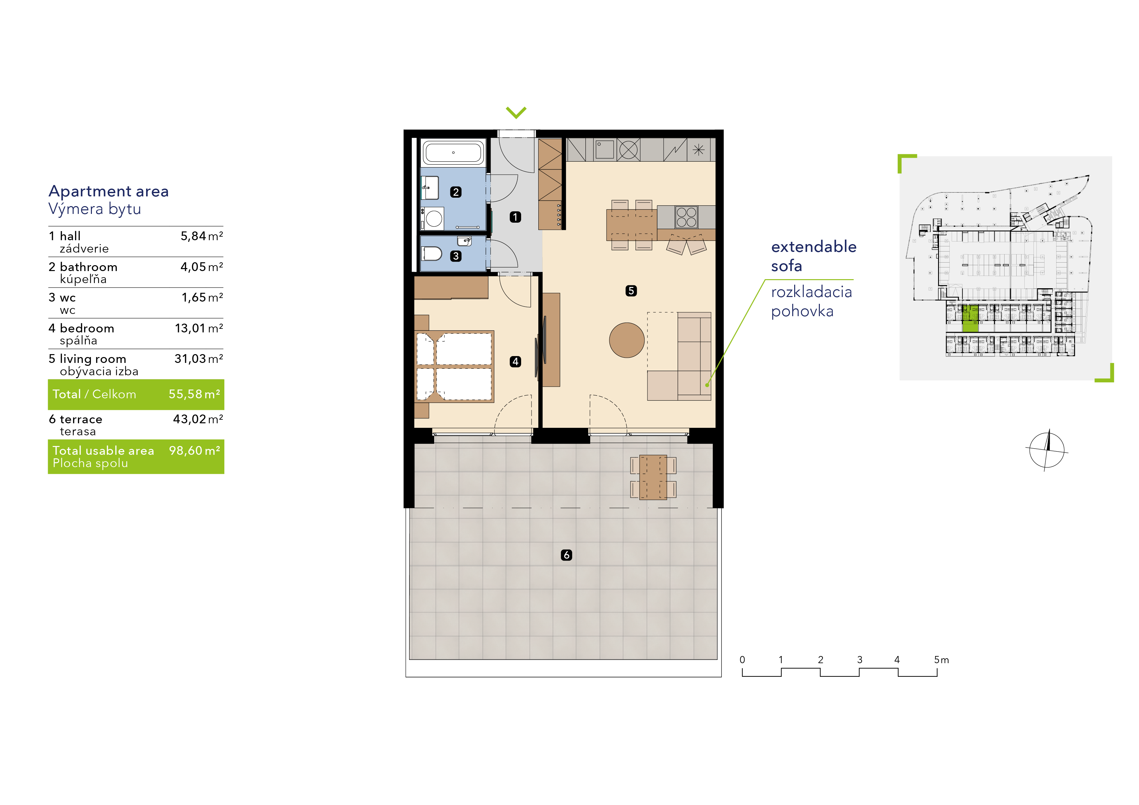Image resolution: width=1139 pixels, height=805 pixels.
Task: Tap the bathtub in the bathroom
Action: [453, 152]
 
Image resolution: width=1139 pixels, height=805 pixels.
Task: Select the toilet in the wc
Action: [431, 254]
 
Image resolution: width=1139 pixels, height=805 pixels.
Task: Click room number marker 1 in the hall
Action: [515, 217]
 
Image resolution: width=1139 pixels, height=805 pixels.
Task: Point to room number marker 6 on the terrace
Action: [567, 555]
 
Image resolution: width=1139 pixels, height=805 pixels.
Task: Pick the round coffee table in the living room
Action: [627, 340]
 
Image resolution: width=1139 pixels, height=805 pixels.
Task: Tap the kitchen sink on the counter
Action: [604, 149]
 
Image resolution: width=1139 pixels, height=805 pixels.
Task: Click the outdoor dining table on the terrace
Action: [653, 477]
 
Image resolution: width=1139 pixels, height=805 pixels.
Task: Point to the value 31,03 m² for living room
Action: [198, 359]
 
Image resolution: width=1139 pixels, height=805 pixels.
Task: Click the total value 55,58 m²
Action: [194, 394]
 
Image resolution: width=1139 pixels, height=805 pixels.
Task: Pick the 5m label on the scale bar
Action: [941, 660]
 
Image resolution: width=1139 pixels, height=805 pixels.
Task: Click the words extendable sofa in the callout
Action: [814, 256]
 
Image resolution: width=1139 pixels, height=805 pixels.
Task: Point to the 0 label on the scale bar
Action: [742, 660]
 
